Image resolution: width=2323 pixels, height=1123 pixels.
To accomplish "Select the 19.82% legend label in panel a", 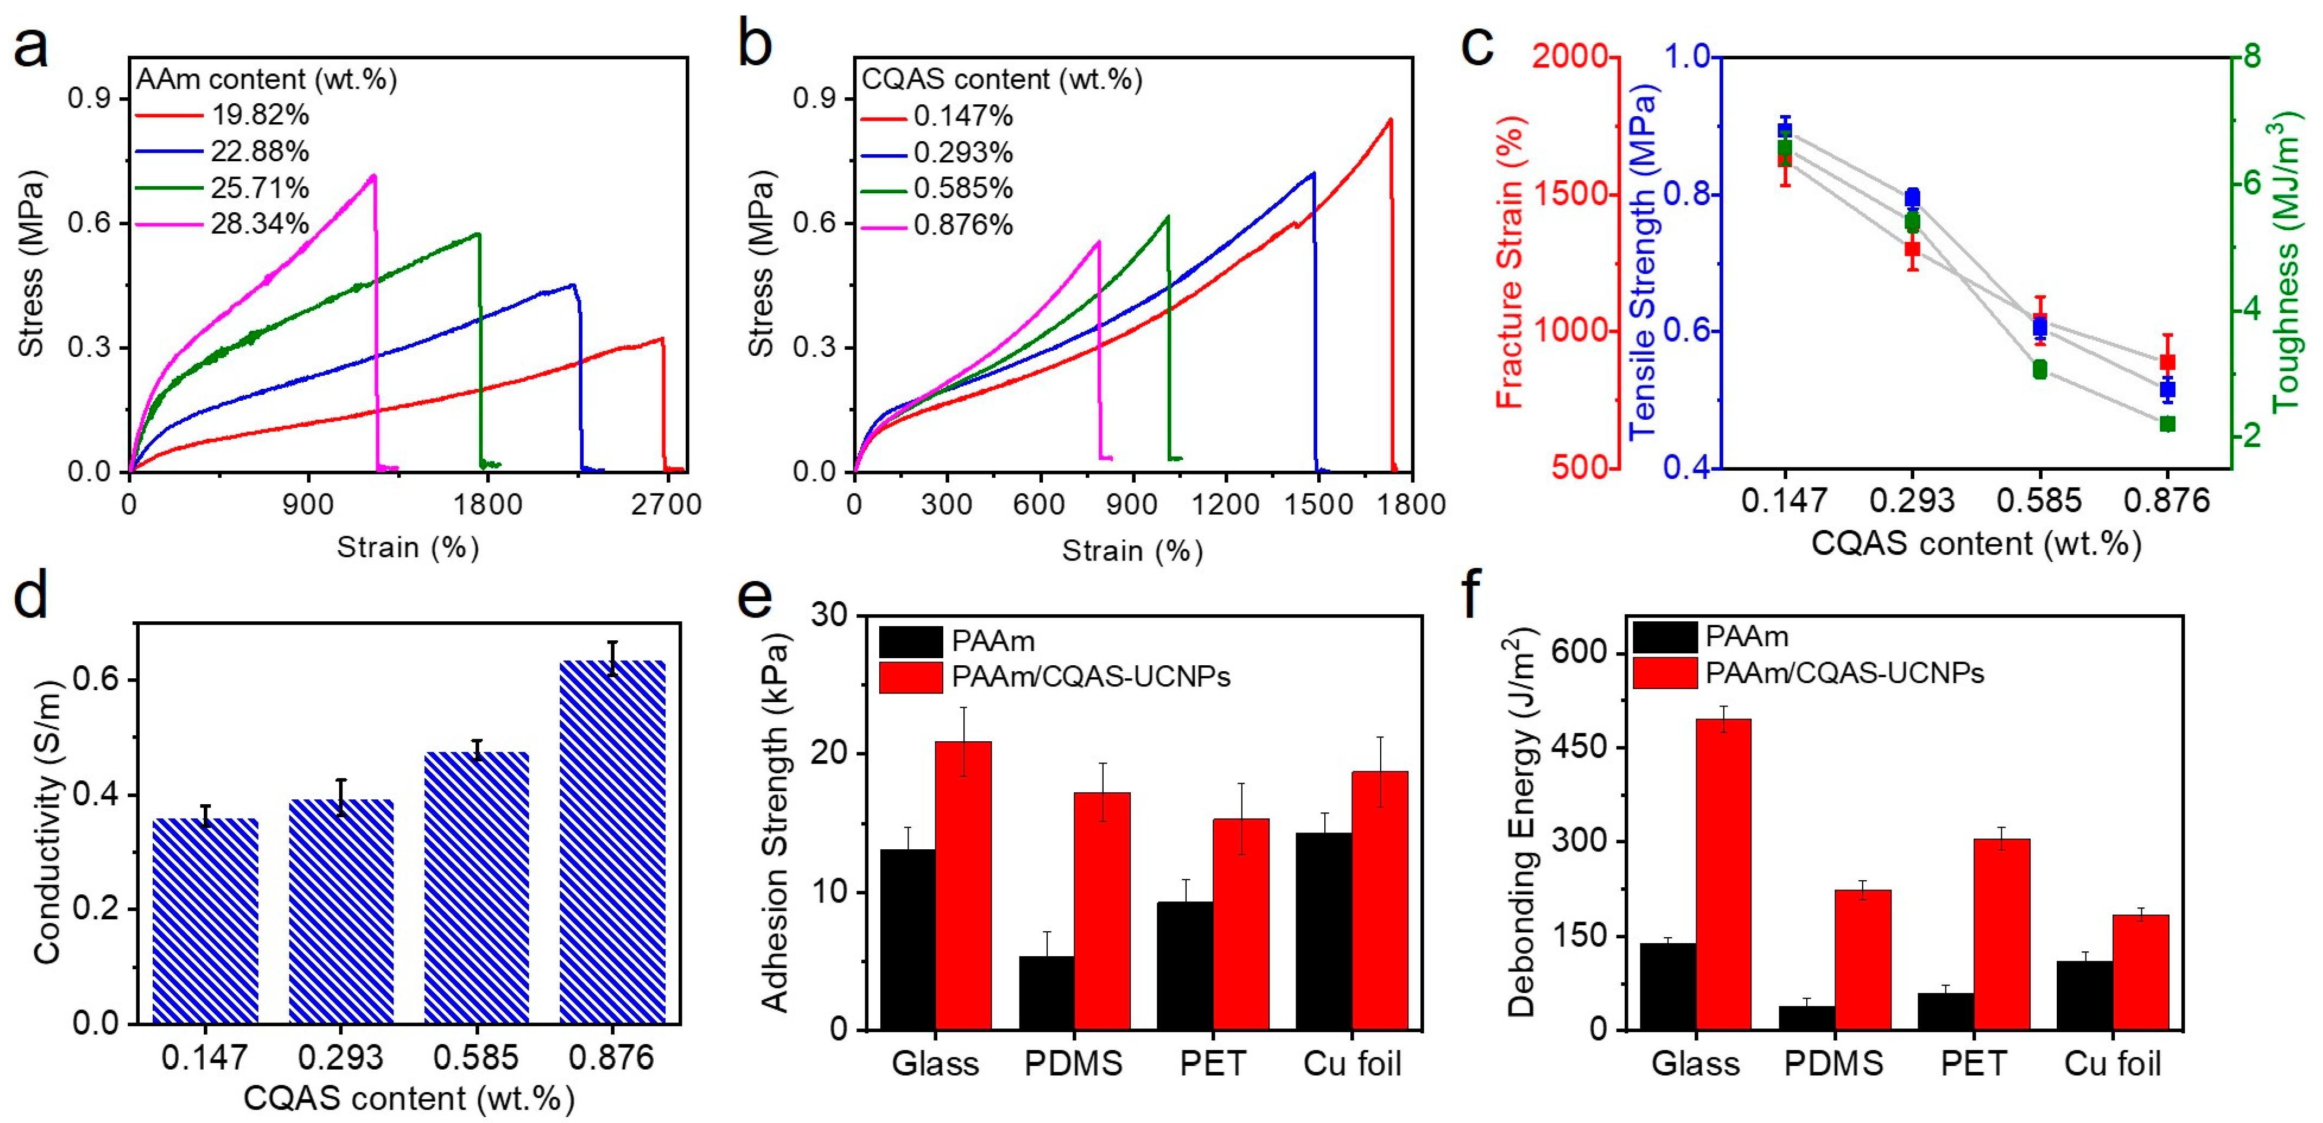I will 260,115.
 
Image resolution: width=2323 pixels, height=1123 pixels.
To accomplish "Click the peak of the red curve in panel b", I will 1389,120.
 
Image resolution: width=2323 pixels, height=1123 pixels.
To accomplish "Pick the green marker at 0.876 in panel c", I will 2167,424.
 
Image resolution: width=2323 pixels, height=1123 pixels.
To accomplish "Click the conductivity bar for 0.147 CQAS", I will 205,921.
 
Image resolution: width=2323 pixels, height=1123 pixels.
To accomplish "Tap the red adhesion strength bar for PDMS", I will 1102,910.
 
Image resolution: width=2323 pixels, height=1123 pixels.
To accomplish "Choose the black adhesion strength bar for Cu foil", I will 1323,930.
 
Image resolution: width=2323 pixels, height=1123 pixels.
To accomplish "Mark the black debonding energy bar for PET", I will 1945,1011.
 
